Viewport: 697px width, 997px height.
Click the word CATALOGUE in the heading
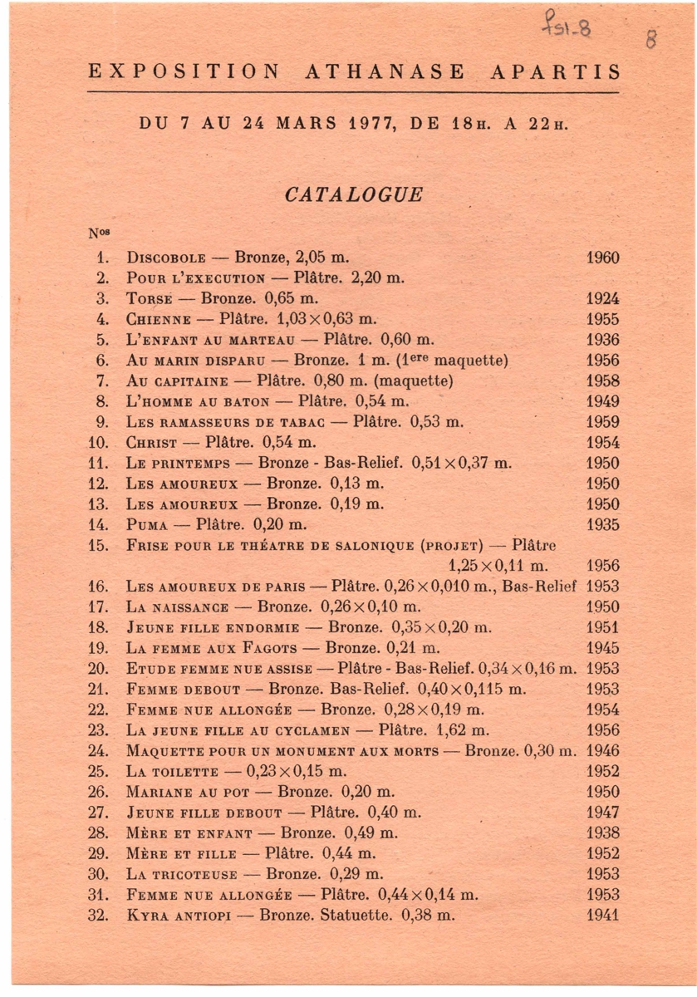click(353, 195)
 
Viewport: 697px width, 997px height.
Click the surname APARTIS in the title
click(555, 71)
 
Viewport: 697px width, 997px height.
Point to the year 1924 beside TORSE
click(602, 299)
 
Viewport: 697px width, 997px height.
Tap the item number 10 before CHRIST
click(98, 442)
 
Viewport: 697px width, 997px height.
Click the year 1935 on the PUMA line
click(602, 525)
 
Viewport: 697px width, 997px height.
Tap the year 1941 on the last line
click(602, 916)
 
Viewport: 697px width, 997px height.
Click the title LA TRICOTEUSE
click(182, 875)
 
